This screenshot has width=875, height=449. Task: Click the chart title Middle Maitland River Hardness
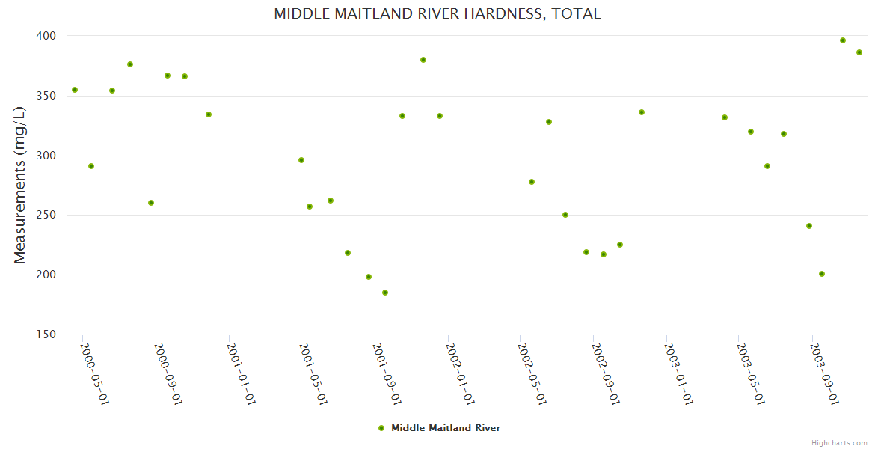(437, 13)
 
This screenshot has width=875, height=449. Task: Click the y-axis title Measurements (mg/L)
(20, 185)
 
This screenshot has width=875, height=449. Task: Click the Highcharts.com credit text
(839, 442)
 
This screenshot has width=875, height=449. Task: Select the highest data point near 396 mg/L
(843, 40)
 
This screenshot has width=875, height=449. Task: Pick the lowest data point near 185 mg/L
(385, 293)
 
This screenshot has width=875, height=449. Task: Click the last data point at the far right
(859, 52)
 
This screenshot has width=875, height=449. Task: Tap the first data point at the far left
(75, 90)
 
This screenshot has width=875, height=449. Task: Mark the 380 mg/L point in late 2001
(423, 60)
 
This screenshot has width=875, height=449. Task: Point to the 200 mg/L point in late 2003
(822, 274)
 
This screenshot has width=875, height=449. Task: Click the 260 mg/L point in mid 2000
(151, 203)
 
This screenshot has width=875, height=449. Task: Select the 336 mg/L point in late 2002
(642, 112)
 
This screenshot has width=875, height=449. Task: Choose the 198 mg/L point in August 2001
(369, 277)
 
